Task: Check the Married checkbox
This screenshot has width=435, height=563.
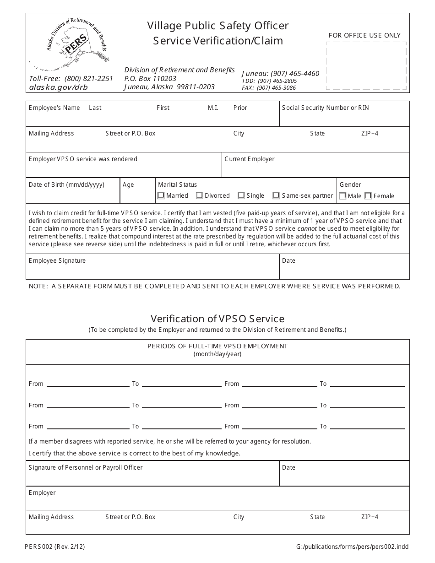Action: pyautogui.click(x=161, y=195)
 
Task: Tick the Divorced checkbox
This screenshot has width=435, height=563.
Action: pyautogui.click(x=199, y=195)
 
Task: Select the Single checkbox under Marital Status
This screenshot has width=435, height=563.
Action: pyautogui.click(x=241, y=195)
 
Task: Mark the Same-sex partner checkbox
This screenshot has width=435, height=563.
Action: pyautogui.click(x=276, y=195)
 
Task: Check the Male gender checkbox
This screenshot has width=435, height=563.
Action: pyautogui.click(x=343, y=196)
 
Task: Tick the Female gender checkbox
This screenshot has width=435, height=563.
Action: pyautogui.click(x=368, y=196)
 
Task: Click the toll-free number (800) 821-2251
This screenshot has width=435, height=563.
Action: pyautogui.click(x=88, y=78)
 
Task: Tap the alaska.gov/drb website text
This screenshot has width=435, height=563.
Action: pyautogui.click(x=58, y=87)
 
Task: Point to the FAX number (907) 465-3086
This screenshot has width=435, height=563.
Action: pyautogui.click(x=276, y=88)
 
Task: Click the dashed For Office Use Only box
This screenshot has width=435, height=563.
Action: pyautogui.click(x=366, y=65)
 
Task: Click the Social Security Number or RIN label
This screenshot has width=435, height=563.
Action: pyautogui.click(x=325, y=108)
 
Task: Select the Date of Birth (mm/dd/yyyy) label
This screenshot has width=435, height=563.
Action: pyautogui.click(x=66, y=185)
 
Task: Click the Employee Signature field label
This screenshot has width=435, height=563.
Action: pyautogui.click(x=57, y=261)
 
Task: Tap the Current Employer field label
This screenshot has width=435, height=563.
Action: pyautogui.click(x=250, y=159)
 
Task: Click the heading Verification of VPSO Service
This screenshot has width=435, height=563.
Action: pyautogui.click(x=217, y=319)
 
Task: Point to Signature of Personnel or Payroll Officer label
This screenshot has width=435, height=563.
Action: pyautogui.click(x=86, y=468)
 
